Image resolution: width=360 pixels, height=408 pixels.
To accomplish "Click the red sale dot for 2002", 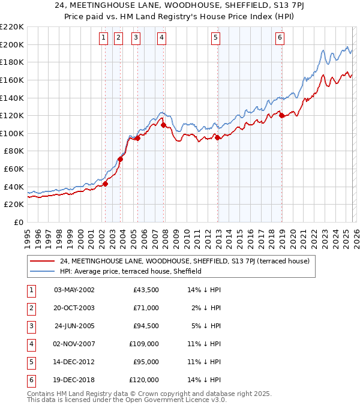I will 105,184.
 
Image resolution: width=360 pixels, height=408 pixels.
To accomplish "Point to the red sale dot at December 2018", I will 281,116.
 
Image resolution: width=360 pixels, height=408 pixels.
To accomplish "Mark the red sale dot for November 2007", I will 163,125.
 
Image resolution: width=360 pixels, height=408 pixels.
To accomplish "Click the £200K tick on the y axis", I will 12,44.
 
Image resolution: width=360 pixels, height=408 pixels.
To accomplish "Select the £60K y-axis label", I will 14,169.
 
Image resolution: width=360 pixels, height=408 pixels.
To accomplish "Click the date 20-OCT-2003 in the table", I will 75,307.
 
